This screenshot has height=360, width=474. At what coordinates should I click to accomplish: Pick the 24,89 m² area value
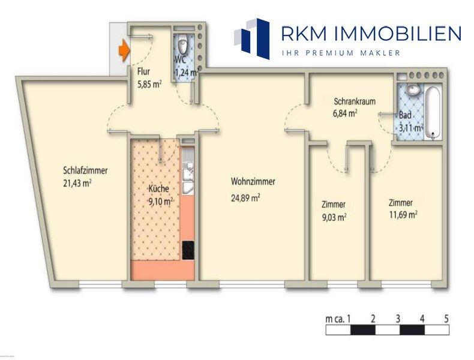(245, 196)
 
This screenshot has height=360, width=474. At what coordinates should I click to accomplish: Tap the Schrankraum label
(355, 101)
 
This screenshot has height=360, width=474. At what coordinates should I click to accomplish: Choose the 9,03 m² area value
(334, 217)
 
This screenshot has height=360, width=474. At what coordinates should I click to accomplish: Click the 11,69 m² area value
(403, 214)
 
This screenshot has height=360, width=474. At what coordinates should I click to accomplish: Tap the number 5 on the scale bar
(446, 319)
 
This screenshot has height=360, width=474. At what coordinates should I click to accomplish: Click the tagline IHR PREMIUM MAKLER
(341, 53)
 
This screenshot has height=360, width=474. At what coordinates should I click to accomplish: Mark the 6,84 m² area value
(345, 112)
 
